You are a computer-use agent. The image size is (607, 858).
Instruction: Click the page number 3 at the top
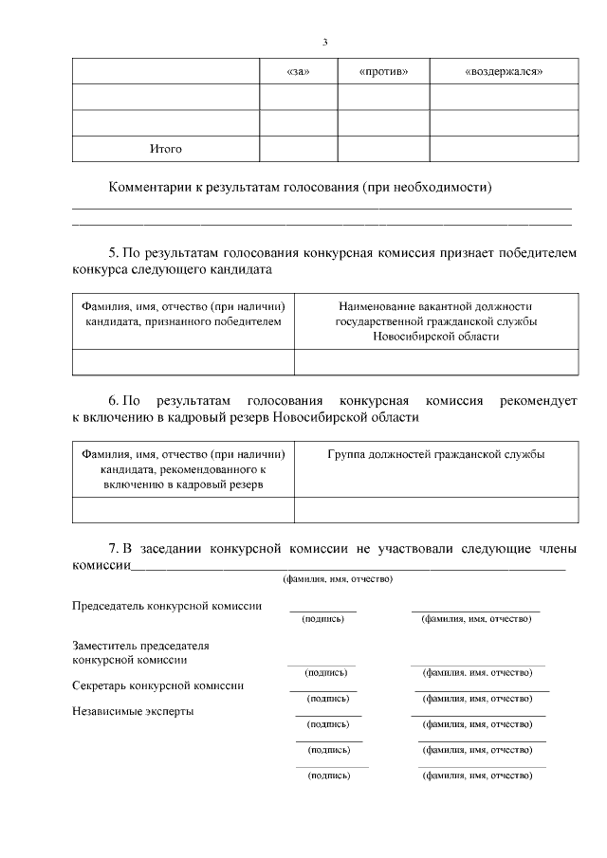click(x=324, y=42)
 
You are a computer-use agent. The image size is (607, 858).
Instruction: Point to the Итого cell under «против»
click(x=383, y=150)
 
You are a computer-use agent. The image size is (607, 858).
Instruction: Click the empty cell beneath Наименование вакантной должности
click(x=435, y=363)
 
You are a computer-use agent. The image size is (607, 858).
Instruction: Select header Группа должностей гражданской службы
click(x=435, y=454)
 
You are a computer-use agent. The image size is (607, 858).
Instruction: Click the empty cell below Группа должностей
click(x=435, y=510)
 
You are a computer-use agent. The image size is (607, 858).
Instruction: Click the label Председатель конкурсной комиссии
click(x=167, y=606)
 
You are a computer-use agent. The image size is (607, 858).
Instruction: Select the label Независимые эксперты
click(x=133, y=711)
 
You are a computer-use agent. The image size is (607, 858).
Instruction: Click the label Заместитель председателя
click(x=140, y=646)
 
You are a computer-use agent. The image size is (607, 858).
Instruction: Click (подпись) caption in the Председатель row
click(x=322, y=619)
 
